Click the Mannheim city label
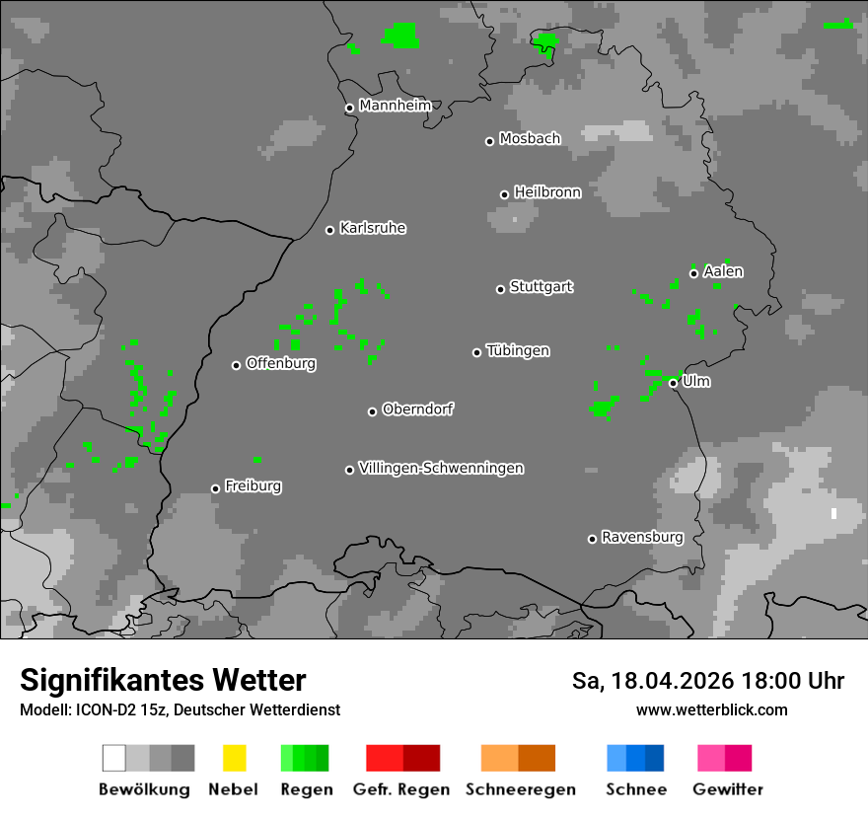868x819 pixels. [395, 106]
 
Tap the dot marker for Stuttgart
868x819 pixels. [500, 289]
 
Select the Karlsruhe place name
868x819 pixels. [372, 228]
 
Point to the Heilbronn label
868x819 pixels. [547, 192]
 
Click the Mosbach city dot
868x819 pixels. [489, 141]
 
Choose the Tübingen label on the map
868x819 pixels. [518, 350]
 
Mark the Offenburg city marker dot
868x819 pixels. [236, 365]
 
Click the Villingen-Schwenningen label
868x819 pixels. [441, 468]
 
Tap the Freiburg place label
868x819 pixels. [253, 485]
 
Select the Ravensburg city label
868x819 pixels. [642, 537]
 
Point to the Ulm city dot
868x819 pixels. [673, 383]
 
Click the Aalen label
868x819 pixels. [723, 271]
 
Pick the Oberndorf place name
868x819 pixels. [417, 409]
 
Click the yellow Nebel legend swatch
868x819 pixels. [234, 758]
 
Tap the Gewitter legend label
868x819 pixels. [727, 789]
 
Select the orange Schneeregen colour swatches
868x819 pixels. [518, 758]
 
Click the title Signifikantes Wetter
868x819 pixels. [163, 680]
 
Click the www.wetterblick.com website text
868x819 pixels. [711, 709]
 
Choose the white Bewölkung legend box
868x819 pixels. [114, 758]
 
